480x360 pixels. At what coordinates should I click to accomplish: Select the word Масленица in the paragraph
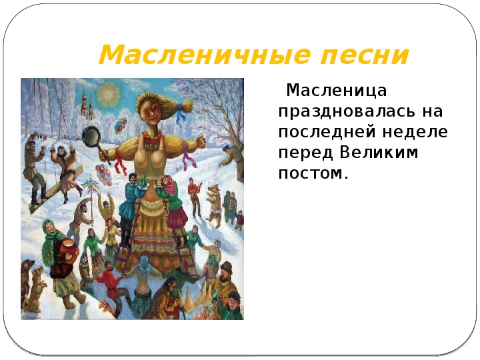337,91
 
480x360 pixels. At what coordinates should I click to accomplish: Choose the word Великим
379,152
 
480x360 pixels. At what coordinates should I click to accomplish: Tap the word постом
313,173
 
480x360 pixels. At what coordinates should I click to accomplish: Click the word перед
305,153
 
